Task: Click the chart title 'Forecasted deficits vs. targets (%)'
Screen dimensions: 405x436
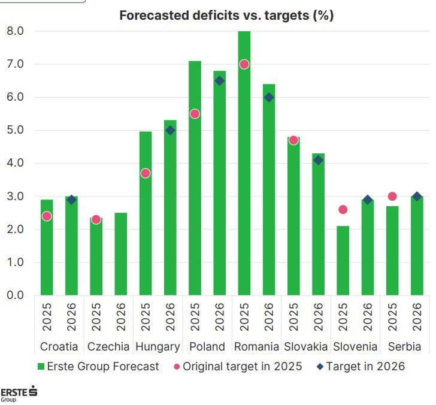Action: [x=226, y=16]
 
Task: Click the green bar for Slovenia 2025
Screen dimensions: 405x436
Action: [x=342, y=261]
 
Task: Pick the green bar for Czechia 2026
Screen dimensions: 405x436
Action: [x=120, y=254]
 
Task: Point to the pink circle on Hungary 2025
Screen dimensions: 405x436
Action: [x=146, y=173]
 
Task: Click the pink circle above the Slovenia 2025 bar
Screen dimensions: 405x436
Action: [x=342, y=210]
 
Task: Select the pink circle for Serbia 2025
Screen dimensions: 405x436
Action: [x=392, y=196]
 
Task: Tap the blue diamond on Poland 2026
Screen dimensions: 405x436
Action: [x=219, y=81]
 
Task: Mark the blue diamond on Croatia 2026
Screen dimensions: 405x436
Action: [x=71, y=200]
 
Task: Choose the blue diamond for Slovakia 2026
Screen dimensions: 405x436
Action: [x=318, y=160]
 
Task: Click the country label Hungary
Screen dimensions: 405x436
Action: [x=158, y=347]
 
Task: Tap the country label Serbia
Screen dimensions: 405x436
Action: [x=404, y=347]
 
